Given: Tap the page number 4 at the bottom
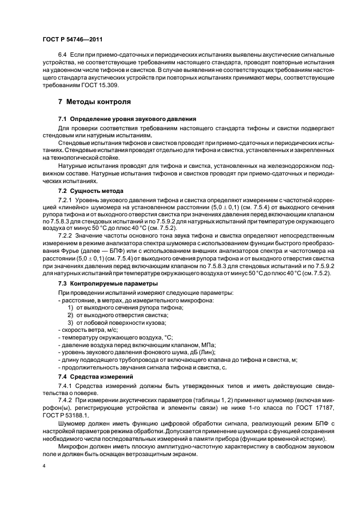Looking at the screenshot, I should (x=44, y=466).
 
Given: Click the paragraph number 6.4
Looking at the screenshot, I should (x=63, y=57).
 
